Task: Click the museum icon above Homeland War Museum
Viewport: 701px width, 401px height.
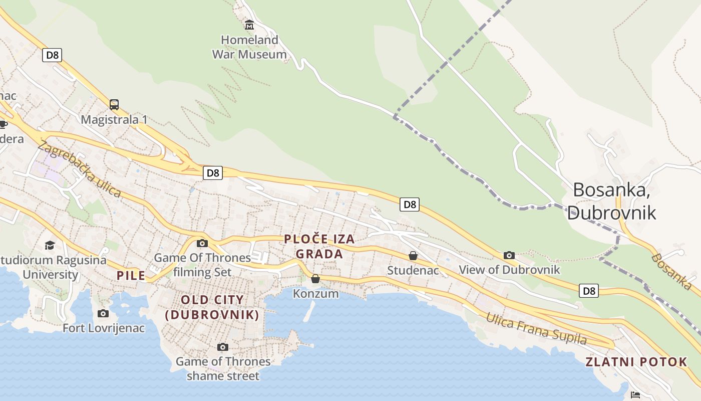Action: (249, 24)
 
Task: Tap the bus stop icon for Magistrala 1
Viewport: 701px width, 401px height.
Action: (114, 104)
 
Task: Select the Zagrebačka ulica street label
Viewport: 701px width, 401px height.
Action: (79, 169)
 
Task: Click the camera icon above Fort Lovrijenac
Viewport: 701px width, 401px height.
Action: (103, 313)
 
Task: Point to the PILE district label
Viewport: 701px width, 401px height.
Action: (131, 275)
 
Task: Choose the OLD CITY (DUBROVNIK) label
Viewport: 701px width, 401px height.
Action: (212, 307)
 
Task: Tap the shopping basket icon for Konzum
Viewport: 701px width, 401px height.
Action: (315, 278)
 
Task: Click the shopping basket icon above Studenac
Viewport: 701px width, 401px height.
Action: (413, 256)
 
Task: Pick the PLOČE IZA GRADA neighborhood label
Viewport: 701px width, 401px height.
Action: (319, 246)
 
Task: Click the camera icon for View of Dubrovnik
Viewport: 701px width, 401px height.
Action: (509, 255)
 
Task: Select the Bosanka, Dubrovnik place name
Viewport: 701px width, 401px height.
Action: (612, 201)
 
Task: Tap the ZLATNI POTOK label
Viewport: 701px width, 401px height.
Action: (636, 362)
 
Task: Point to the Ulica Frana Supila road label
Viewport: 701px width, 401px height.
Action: (536, 328)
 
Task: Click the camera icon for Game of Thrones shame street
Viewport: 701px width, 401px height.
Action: (223, 347)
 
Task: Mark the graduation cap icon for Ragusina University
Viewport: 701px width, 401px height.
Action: (50, 245)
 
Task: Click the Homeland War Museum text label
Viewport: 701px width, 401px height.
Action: (249, 47)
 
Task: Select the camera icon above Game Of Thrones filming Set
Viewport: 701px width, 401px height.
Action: (202, 243)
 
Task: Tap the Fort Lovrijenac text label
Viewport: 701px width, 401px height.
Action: (104, 328)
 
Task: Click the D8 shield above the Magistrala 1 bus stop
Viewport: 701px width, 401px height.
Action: (52, 55)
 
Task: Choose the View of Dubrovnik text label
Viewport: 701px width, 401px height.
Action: (509, 270)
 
